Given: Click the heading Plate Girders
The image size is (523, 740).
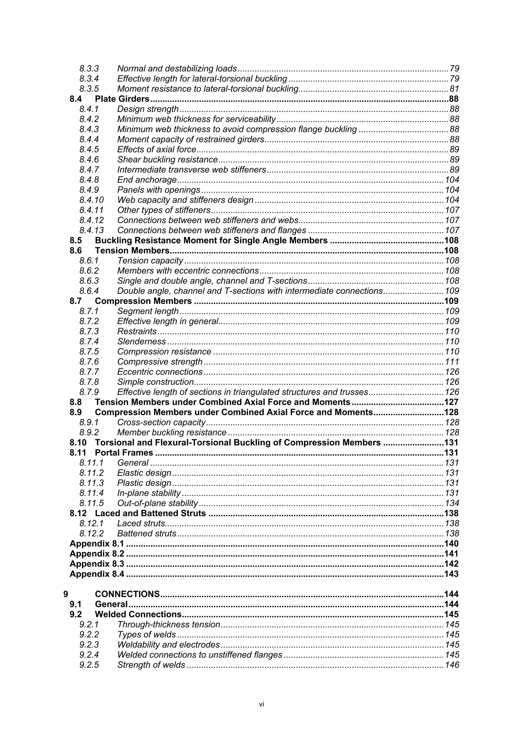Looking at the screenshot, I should [122, 99].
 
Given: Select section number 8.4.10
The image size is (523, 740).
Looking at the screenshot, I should [91, 200].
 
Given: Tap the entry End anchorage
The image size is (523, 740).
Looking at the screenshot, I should [147, 180].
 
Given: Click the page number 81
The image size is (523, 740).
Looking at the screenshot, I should [454, 89].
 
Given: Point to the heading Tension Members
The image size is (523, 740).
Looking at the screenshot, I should [132, 251].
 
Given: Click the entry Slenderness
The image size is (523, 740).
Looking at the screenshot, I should [141, 342].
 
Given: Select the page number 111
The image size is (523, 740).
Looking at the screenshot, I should [452, 362].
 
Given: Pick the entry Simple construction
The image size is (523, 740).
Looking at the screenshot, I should [155, 382].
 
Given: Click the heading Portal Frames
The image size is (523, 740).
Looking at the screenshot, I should [124, 453].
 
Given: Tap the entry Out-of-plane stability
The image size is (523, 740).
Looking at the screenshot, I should [157, 503].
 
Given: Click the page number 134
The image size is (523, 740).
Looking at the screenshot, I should [452, 503].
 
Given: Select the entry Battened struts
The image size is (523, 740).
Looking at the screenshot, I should [147, 534].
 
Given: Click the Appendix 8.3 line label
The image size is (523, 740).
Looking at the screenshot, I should [97, 564].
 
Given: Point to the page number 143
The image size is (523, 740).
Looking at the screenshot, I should [451, 574].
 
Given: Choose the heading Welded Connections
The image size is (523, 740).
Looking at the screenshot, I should [138, 615].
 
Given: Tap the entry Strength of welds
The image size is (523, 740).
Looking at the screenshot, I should [151, 665].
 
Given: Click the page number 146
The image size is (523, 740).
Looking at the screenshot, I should [452, 665].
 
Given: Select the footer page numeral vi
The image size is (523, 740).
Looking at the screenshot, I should [261, 704].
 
